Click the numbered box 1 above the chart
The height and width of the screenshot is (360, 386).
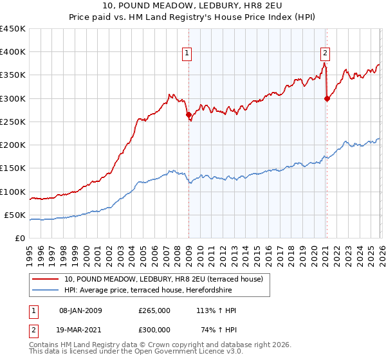pos(187,53)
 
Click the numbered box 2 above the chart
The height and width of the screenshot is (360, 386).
pos(325,53)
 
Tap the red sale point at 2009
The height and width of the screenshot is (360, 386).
pos(188,115)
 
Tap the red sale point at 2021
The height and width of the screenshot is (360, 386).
pos(327,98)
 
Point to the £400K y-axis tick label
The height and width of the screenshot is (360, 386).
pos(13,52)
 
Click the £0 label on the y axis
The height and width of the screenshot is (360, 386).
pos(20,238)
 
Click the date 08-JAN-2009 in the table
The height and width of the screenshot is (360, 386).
pos(80,310)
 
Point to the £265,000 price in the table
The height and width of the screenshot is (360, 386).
pos(154,310)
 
